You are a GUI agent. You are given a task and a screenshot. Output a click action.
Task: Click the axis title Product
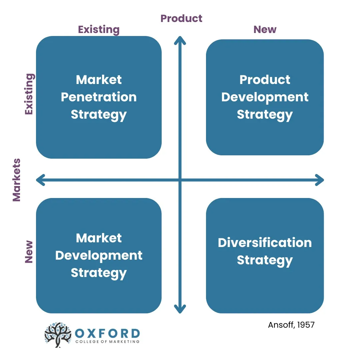181,18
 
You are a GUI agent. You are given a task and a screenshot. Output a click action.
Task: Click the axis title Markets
17,180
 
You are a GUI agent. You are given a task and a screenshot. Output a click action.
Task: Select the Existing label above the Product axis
99,30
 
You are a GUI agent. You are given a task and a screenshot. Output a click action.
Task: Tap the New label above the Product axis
265,30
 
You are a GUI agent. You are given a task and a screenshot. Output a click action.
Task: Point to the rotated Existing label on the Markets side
29,94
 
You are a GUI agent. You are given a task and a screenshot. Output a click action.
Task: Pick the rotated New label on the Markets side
29,252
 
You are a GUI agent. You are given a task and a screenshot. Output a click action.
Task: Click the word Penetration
99,97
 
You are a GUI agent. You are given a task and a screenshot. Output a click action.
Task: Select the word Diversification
265,242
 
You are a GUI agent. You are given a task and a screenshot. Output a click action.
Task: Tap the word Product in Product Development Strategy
265,80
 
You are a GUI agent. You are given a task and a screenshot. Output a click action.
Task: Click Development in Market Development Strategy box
99,255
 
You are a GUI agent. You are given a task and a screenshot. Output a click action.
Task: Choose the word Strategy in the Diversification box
265,260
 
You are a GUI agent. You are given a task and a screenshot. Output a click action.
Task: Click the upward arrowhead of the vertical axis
180,40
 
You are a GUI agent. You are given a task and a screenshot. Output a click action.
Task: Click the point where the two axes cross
180,180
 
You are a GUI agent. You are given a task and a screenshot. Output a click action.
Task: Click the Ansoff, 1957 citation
291,325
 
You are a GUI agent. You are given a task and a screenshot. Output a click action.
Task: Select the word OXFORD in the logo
107,333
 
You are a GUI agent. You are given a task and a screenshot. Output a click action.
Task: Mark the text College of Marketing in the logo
107,342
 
